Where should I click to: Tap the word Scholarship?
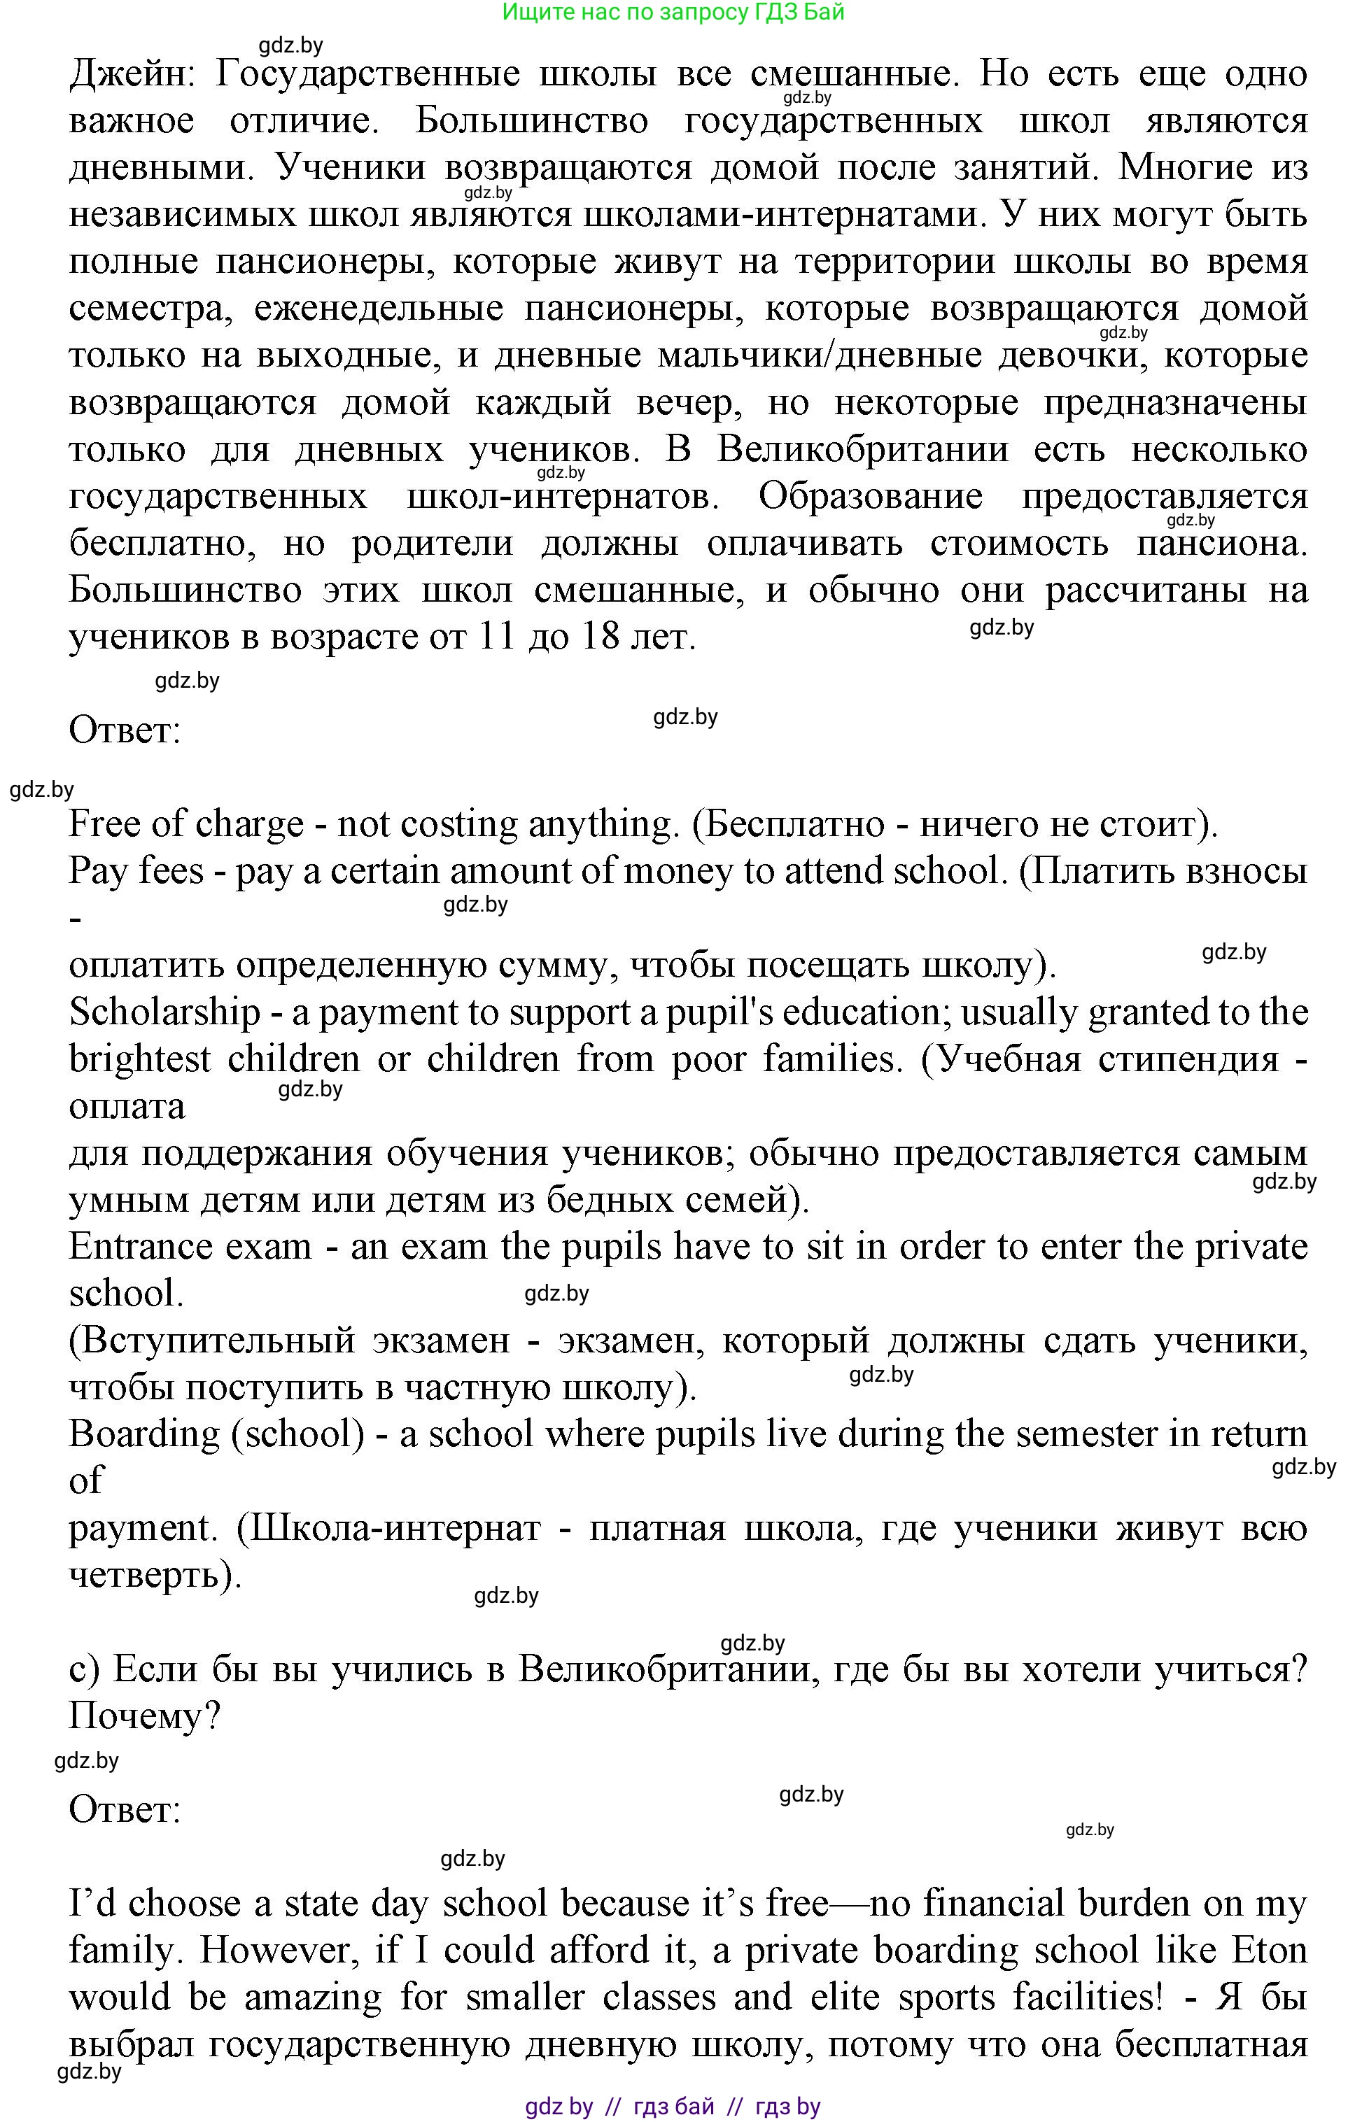165,1012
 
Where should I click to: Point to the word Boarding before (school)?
143,1435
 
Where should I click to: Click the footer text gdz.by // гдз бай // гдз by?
673,2107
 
